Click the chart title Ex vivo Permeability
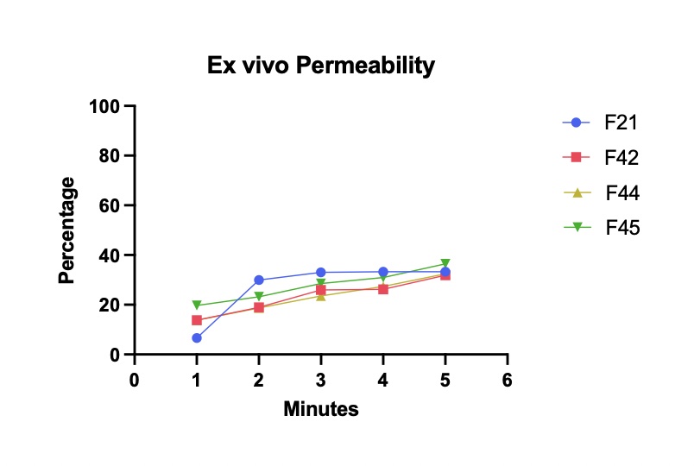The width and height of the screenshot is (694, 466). tap(320, 66)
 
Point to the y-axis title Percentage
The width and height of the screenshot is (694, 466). tap(66, 230)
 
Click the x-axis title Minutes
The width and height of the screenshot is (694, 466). tap(320, 409)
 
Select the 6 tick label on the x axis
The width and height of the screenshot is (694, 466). tap(507, 381)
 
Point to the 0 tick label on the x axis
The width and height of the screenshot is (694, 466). tap(134, 381)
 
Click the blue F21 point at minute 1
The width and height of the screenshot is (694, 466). tap(197, 338)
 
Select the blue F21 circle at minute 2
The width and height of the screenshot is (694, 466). tap(259, 280)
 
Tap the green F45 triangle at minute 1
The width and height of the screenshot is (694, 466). tap(197, 305)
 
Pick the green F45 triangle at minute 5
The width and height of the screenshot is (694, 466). tap(445, 264)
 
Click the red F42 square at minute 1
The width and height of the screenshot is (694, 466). tap(197, 320)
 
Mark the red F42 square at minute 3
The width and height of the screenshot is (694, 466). tap(321, 290)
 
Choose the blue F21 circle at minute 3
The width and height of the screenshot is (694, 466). tap(321, 273)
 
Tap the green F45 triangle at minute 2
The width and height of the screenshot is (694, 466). tap(259, 297)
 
